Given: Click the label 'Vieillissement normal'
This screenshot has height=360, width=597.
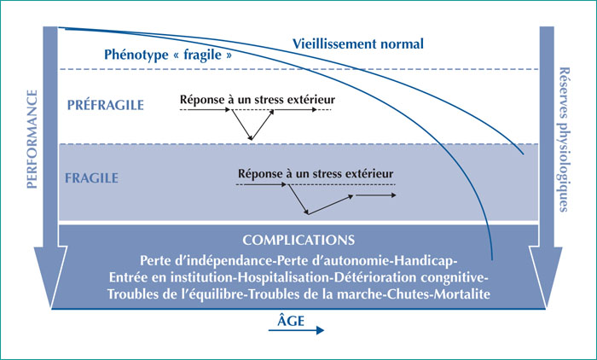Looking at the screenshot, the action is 358,44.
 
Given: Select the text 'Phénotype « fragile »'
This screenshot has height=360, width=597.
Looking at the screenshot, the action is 168,55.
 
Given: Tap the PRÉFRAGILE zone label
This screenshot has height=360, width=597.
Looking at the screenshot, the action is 106,105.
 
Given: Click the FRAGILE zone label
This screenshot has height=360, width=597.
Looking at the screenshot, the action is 91,178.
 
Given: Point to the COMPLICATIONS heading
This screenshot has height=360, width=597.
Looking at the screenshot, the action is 298,240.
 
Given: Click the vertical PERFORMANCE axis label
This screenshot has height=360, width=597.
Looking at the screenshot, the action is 32,139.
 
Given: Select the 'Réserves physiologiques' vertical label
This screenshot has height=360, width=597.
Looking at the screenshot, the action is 565,139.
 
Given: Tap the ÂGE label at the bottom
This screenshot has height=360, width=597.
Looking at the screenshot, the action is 291,320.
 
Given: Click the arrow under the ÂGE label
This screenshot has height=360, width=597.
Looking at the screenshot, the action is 296,330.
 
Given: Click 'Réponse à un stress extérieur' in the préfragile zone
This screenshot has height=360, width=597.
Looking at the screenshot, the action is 258,100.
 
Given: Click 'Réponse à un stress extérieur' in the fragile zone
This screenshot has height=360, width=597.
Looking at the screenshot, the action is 316,174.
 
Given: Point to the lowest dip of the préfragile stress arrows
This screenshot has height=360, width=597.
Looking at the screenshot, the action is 251,140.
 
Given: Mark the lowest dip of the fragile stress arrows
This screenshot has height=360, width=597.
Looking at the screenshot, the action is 308,214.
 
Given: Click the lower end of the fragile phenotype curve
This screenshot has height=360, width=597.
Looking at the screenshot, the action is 492,260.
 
